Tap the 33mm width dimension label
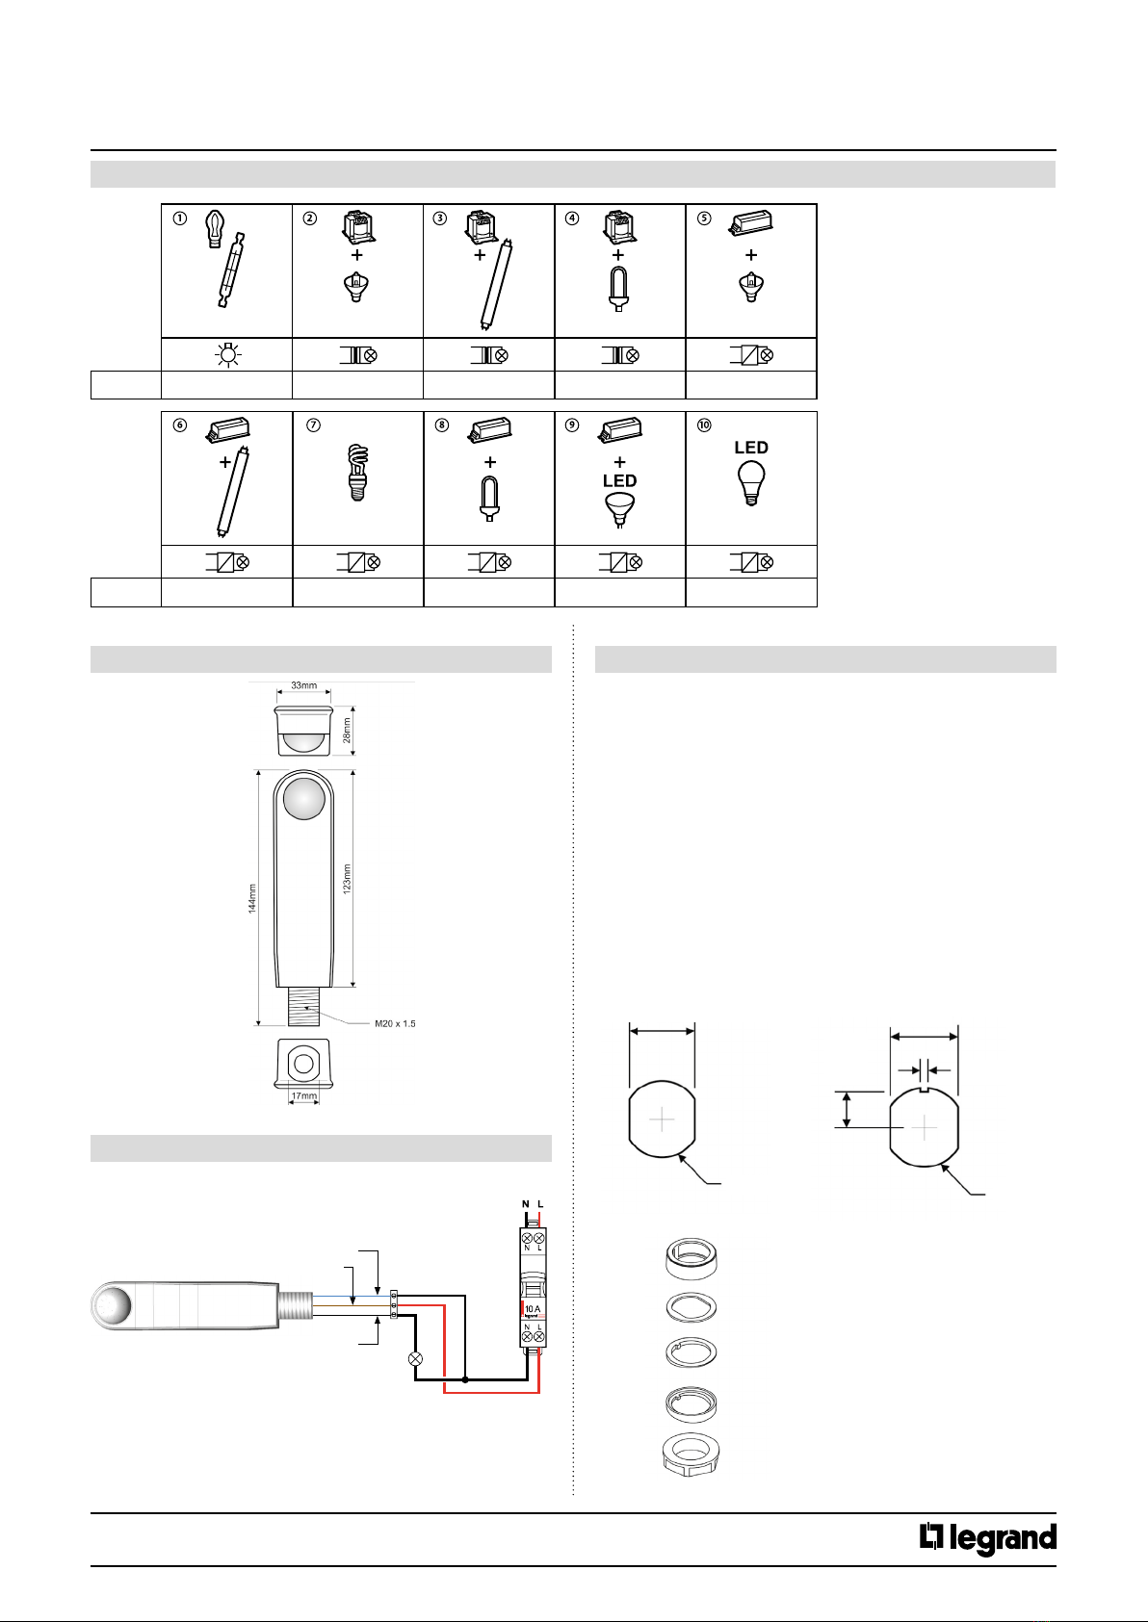tap(303, 685)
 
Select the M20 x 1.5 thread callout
tap(395, 1023)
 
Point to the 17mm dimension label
tap(303, 1094)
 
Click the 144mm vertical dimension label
tap(252, 898)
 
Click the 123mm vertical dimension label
tap(347, 878)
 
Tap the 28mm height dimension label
tap(347, 730)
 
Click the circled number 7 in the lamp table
tap(313, 425)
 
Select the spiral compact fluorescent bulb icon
tap(358, 473)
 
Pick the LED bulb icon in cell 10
tap(751, 483)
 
